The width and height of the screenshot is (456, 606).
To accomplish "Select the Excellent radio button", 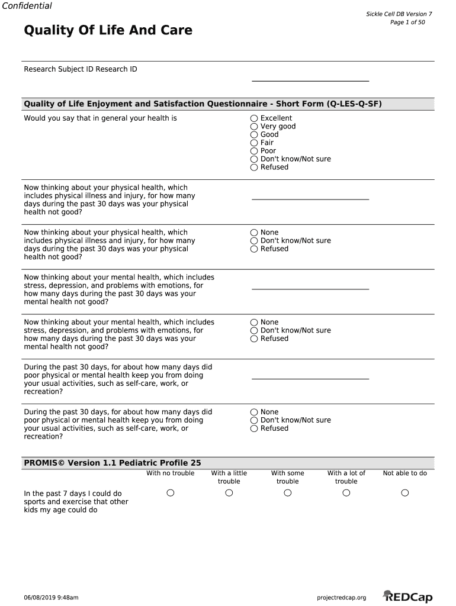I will [254, 118].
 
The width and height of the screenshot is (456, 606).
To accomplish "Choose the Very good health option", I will [254, 127].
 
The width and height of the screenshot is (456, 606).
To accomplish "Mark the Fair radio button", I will [254, 143].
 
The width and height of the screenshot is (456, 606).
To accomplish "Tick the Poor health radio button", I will [254, 151].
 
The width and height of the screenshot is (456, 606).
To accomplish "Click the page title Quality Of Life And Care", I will [108, 30].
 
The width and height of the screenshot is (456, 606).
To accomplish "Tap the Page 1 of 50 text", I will [407, 22].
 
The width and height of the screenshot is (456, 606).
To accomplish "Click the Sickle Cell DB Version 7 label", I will [400, 14].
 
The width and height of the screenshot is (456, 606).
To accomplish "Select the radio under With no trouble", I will [171, 493].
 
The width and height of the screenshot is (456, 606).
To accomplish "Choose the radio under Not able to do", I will [405, 493].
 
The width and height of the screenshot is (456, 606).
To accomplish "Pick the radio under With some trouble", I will [288, 493].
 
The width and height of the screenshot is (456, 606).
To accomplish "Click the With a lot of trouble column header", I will [346, 477].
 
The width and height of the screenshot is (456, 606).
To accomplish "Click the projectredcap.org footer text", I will [342, 598].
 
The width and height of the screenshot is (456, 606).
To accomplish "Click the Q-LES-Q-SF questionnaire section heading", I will [203, 104].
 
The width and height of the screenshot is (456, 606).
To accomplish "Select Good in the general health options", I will [254, 135].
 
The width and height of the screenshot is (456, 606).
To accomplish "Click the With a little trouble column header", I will [229, 477].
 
